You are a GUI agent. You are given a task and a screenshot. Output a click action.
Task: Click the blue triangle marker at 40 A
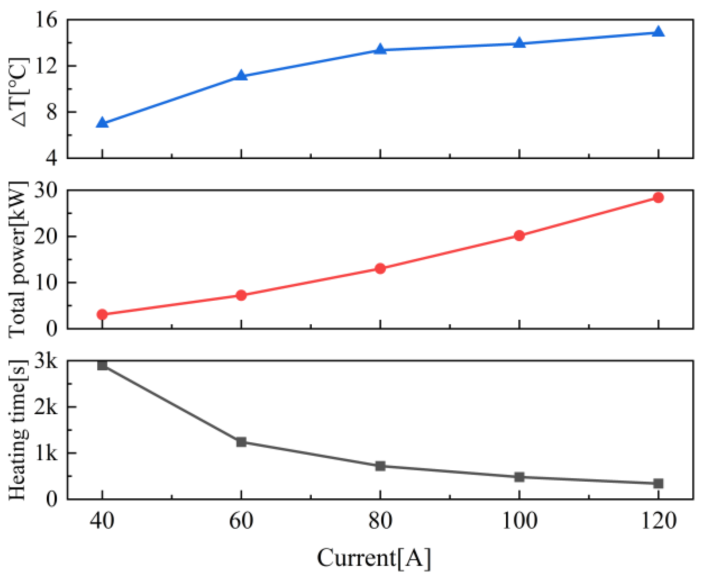102,123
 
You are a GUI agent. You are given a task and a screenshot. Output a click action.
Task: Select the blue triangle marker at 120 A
658,32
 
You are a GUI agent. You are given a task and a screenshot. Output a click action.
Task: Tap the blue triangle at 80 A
380,49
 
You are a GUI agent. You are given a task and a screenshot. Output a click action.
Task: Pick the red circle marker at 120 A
658,198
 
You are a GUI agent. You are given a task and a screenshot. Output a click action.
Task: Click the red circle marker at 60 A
241,295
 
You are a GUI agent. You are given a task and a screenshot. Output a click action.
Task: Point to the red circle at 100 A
519,236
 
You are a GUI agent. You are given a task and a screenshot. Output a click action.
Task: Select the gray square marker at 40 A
102,365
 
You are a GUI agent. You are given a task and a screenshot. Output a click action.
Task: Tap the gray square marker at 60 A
241,442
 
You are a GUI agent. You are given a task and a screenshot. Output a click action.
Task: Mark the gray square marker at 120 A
658,484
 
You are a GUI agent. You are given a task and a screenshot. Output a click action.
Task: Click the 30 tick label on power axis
46,190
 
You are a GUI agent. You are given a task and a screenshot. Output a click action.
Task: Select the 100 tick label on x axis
519,521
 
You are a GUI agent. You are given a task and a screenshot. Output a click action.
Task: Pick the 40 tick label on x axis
102,521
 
